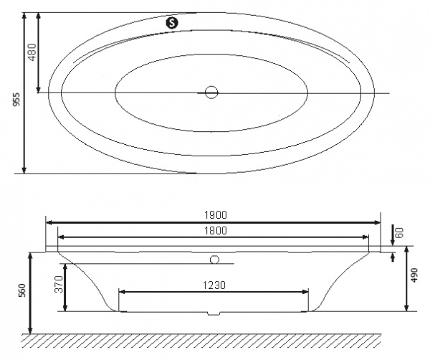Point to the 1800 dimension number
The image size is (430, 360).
pos(214,230)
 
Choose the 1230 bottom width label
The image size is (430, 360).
pos(214,285)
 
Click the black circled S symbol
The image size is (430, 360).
pos(171,22)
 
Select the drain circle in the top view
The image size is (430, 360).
pos(211,92)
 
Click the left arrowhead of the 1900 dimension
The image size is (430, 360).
pos(49,222)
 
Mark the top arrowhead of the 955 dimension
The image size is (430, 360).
pos(25,16)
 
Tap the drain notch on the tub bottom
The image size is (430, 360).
pos(213,313)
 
